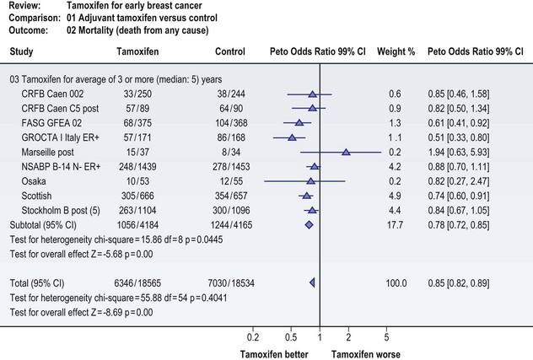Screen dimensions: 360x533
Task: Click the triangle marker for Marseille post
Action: coord(347,153)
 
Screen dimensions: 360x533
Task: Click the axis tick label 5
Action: coord(386,336)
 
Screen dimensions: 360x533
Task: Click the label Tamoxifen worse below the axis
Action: coord(366,353)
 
